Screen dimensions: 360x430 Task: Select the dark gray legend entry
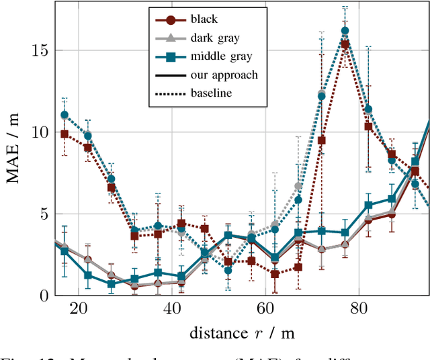(213, 39)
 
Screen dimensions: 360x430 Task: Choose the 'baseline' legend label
(211, 93)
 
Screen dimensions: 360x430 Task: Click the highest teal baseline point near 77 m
(345, 31)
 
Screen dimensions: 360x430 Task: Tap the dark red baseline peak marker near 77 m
(345, 44)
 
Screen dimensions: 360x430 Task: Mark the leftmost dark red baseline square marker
(64, 134)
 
